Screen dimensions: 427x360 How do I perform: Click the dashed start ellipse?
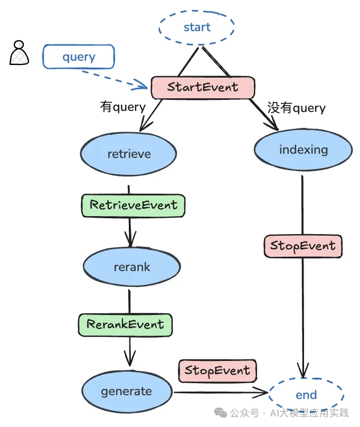click(197, 27)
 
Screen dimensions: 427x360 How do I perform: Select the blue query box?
click(79, 57)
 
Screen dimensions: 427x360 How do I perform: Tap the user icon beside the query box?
click(18, 53)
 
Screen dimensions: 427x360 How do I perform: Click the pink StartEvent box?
click(203, 87)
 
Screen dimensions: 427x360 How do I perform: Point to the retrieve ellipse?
click(129, 154)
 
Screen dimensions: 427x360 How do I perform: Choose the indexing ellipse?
click(303, 150)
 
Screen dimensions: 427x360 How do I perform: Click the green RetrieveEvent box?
click(133, 205)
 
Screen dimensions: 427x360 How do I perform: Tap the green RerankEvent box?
click(125, 324)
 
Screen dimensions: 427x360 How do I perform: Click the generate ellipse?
click(127, 392)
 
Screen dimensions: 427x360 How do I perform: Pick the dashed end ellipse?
click(306, 395)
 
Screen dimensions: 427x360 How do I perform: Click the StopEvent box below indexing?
click(302, 246)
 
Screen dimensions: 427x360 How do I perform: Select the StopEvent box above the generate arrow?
click(217, 371)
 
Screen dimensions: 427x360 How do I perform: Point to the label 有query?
click(122, 107)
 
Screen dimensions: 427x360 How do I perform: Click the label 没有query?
click(296, 108)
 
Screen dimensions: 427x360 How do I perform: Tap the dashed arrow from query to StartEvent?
click(116, 77)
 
